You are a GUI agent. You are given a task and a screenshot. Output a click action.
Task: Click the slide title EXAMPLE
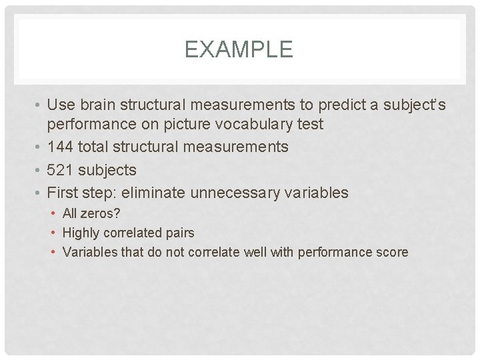(x=239, y=49)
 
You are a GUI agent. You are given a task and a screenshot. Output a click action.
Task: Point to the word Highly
(x=81, y=233)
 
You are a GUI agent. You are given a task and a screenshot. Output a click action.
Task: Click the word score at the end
(x=392, y=253)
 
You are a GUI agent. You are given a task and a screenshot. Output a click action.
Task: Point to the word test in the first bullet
(x=310, y=124)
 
